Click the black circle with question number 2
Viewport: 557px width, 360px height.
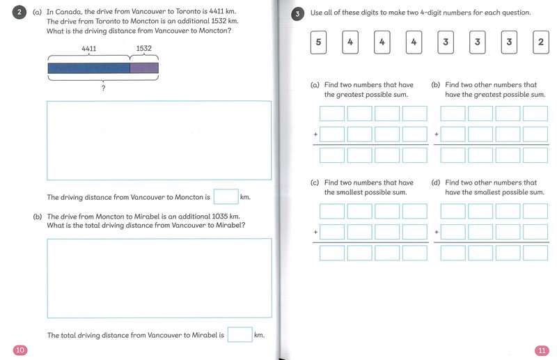click(x=21, y=13)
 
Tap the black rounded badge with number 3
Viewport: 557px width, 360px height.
click(x=297, y=13)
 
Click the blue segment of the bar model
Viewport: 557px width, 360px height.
click(x=88, y=68)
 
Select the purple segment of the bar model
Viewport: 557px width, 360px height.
click(x=144, y=68)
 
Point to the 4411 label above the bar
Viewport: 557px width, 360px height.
click(x=89, y=49)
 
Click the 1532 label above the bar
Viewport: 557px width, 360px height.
click(x=144, y=49)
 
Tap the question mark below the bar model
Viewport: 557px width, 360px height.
click(x=103, y=88)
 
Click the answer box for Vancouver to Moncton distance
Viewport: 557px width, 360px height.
click(x=226, y=197)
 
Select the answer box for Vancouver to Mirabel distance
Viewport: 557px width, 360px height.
click(x=240, y=335)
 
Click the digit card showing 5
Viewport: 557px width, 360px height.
click(x=318, y=43)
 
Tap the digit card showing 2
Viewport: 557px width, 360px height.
click(x=541, y=43)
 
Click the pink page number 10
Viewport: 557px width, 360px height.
click(x=19, y=350)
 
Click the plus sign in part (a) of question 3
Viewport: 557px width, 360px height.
click(x=315, y=134)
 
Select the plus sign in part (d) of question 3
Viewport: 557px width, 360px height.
click(x=437, y=232)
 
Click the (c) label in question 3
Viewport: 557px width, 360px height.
click(x=315, y=183)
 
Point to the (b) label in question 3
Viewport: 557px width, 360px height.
click(x=436, y=85)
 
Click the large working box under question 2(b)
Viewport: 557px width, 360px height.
click(x=159, y=278)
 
